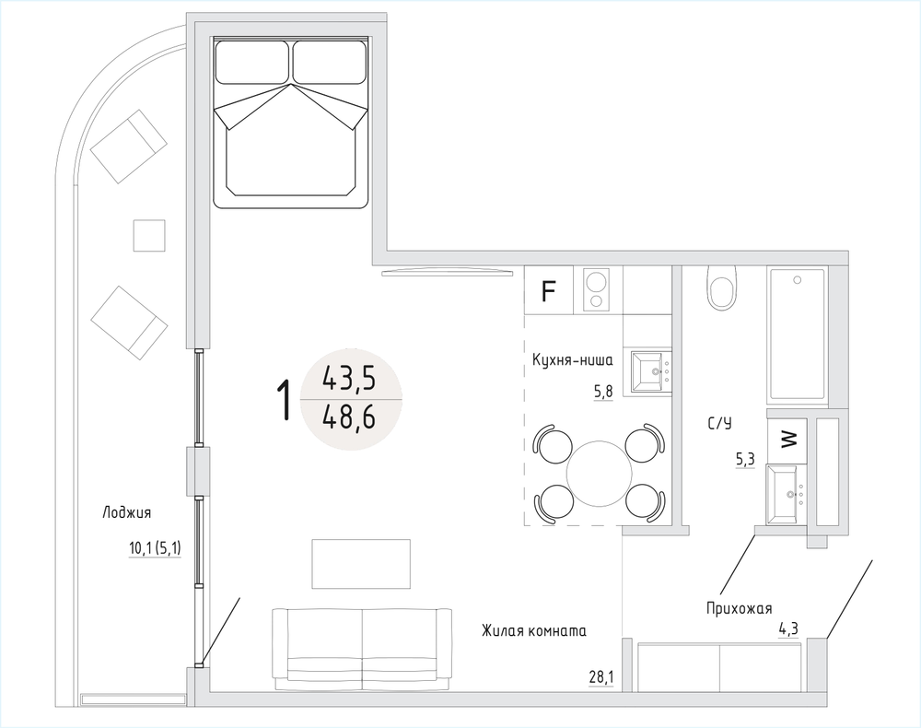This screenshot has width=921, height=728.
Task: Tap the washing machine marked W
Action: (x=787, y=437)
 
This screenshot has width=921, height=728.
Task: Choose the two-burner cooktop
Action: (x=596, y=289)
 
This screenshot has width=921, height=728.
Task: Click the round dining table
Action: (x=600, y=472)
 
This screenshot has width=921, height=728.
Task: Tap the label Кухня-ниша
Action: (x=573, y=359)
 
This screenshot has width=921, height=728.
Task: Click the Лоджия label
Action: (x=127, y=513)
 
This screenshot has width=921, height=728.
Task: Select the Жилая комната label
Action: (x=534, y=631)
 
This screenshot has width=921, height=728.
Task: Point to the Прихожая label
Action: (x=739, y=609)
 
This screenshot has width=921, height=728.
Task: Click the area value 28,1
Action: (x=600, y=677)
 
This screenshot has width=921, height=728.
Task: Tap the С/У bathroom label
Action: (x=719, y=423)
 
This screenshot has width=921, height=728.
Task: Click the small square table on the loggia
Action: (x=149, y=235)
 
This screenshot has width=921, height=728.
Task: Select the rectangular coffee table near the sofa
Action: (x=361, y=563)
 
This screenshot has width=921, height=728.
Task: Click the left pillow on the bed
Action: (x=252, y=62)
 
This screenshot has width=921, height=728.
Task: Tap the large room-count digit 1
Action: (x=285, y=400)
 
